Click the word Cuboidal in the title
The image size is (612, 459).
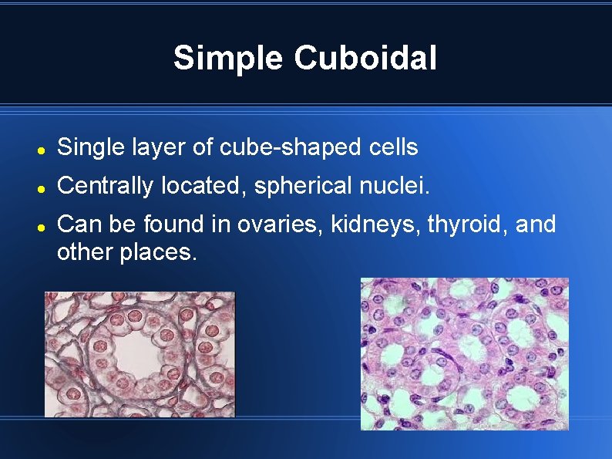[365, 58]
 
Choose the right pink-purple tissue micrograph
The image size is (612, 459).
[465, 353]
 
